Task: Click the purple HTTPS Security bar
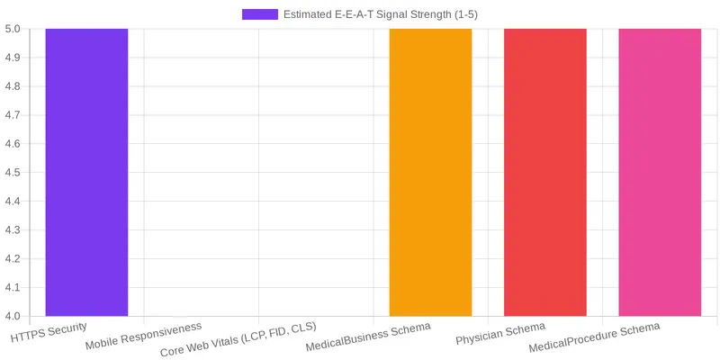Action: pyautogui.click(x=86, y=172)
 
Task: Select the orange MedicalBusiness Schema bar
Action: pyautogui.click(x=430, y=172)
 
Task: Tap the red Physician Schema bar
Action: pyautogui.click(x=544, y=172)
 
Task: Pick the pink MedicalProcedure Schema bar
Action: pyautogui.click(x=660, y=172)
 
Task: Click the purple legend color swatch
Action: pyautogui.click(x=260, y=14)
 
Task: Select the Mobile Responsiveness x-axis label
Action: pyautogui.click(x=144, y=336)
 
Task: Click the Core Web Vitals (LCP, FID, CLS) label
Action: pyautogui.click(x=238, y=339)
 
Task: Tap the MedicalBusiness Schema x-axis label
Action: pyautogui.click(x=369, y=337)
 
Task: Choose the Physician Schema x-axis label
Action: pyautogui.click(x=500, y=333)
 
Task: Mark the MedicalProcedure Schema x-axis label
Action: pyautogui.click(x=595, y=337)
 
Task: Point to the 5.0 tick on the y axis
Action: pyautogui.click(x=13, y=29)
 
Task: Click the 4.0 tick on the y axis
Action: pyautogui.click(x=13, y=316)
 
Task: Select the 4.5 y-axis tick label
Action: pyautogui.click(x=13, y=173)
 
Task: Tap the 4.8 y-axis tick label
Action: pyautogui.click(x=13, y=86)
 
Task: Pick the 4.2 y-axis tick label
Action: pyautogui.click(x=13, y=259)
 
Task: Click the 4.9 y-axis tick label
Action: pyautogui.click(x=13, y=58)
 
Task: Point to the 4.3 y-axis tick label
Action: pyautogui.click(x=13, y=230)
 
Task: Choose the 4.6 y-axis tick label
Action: pyautogui.click(x=13, y=144)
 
